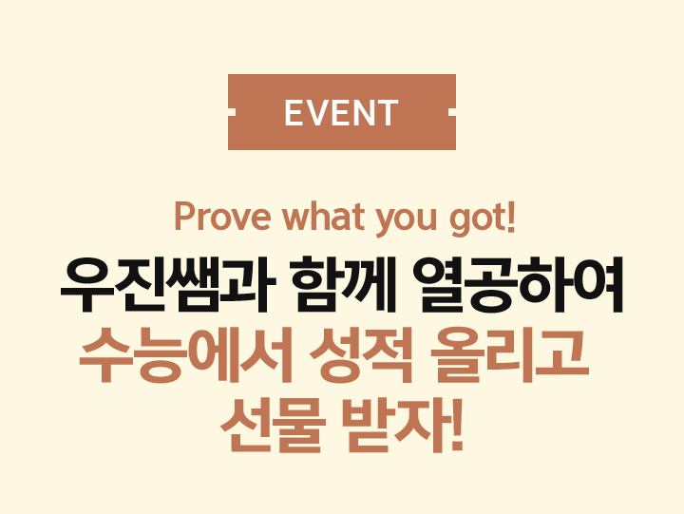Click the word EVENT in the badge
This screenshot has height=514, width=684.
point(341,112)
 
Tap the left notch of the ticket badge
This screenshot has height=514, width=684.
point(232,112)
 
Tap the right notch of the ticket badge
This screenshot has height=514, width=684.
point(452,112)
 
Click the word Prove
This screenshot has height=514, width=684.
point(222,217)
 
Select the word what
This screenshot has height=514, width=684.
point(323,217)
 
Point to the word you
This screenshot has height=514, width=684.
point(407,219)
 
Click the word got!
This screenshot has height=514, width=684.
point(483,219)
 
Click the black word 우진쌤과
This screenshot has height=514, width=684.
point(168,284)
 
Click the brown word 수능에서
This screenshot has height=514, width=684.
point(185,355)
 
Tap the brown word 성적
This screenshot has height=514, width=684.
point(362,355)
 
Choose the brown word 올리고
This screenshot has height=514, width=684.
point(509,355)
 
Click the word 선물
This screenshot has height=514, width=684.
point(273,426)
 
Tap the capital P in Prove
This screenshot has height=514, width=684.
point(183,217)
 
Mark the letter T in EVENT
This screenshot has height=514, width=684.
point(386,112)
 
